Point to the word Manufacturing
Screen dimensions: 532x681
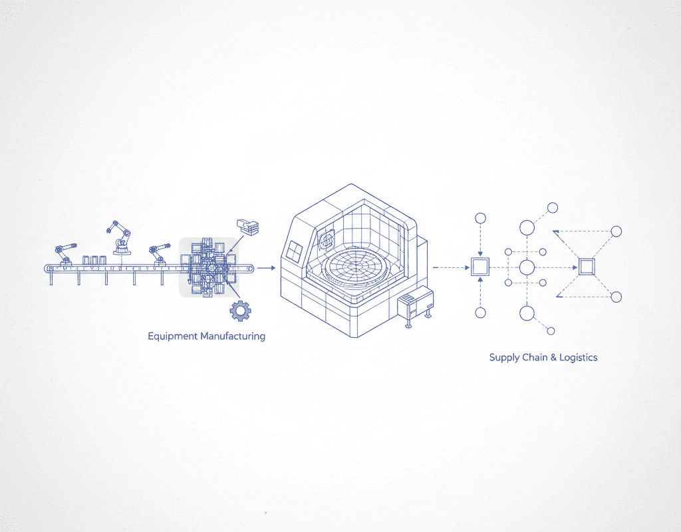pos(233,336)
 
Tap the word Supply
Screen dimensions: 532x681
pos(504,358)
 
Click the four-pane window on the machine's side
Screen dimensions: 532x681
pos(295,252)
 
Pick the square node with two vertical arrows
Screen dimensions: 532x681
pos(479,267)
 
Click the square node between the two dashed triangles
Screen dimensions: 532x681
pos(586,267)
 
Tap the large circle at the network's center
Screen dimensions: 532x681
pos(527,267)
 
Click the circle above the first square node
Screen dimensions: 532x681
pos(479,219)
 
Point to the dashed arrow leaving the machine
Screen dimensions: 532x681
pos(448,267)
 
